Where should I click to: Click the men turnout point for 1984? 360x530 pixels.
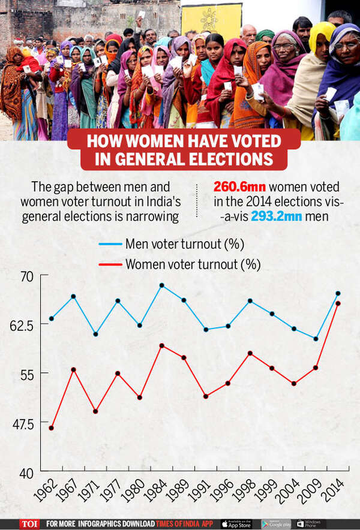161,285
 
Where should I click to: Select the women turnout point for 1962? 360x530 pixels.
52,427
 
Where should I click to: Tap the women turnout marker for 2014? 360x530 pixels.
338,303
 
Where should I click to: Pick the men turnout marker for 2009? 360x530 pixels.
316,339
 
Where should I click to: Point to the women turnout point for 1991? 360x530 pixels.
206,396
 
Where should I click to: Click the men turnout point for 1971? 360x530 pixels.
96,334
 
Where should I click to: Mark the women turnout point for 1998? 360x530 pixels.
250,353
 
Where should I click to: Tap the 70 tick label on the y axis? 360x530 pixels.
30,276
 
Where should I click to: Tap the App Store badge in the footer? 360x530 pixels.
236,523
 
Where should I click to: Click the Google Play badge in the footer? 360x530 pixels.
275,523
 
